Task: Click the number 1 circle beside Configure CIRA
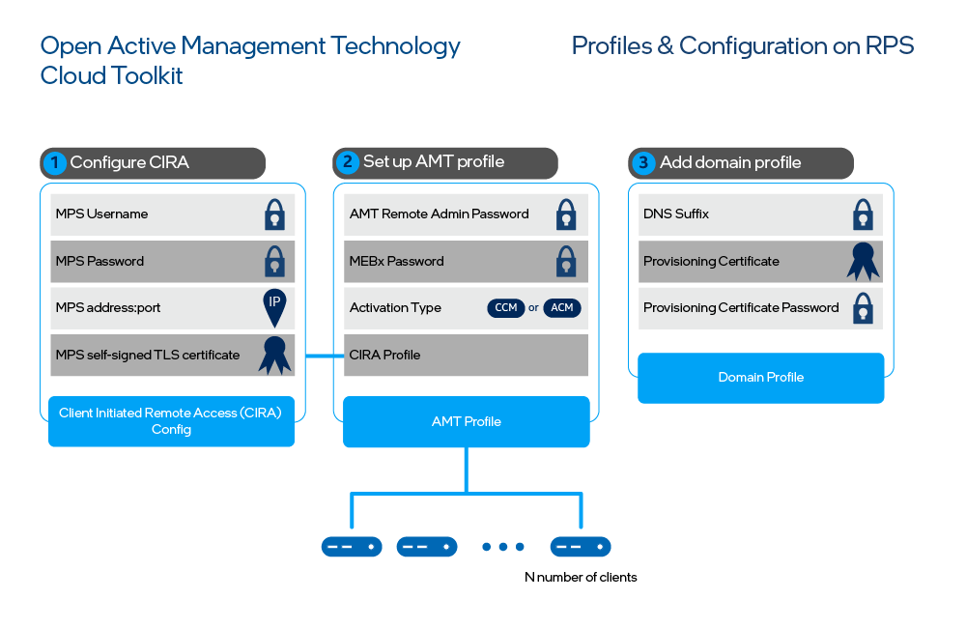pos(55,162)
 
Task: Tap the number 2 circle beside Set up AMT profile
pos(349,162)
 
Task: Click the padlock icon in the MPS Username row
pos(275,214)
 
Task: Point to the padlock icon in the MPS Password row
pos(275,261)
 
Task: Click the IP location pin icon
pos(275,306)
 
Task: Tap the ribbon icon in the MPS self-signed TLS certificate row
pos(275,355)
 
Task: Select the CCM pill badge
pos(506,308)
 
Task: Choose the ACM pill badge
pos(562,308)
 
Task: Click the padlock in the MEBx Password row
pos(566,261)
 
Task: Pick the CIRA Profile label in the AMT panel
pos(384,355)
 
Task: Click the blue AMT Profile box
pos(466,421)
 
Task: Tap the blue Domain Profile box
pos(760,377)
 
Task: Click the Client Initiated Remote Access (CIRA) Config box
pos(171,420)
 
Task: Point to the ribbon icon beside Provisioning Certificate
pos(863,261)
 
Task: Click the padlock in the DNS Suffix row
pos(863,214)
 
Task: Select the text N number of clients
pos(581,577)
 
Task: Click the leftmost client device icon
pos(352,547)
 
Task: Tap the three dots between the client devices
pos(502,547)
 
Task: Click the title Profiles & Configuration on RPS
pos(742,45)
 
